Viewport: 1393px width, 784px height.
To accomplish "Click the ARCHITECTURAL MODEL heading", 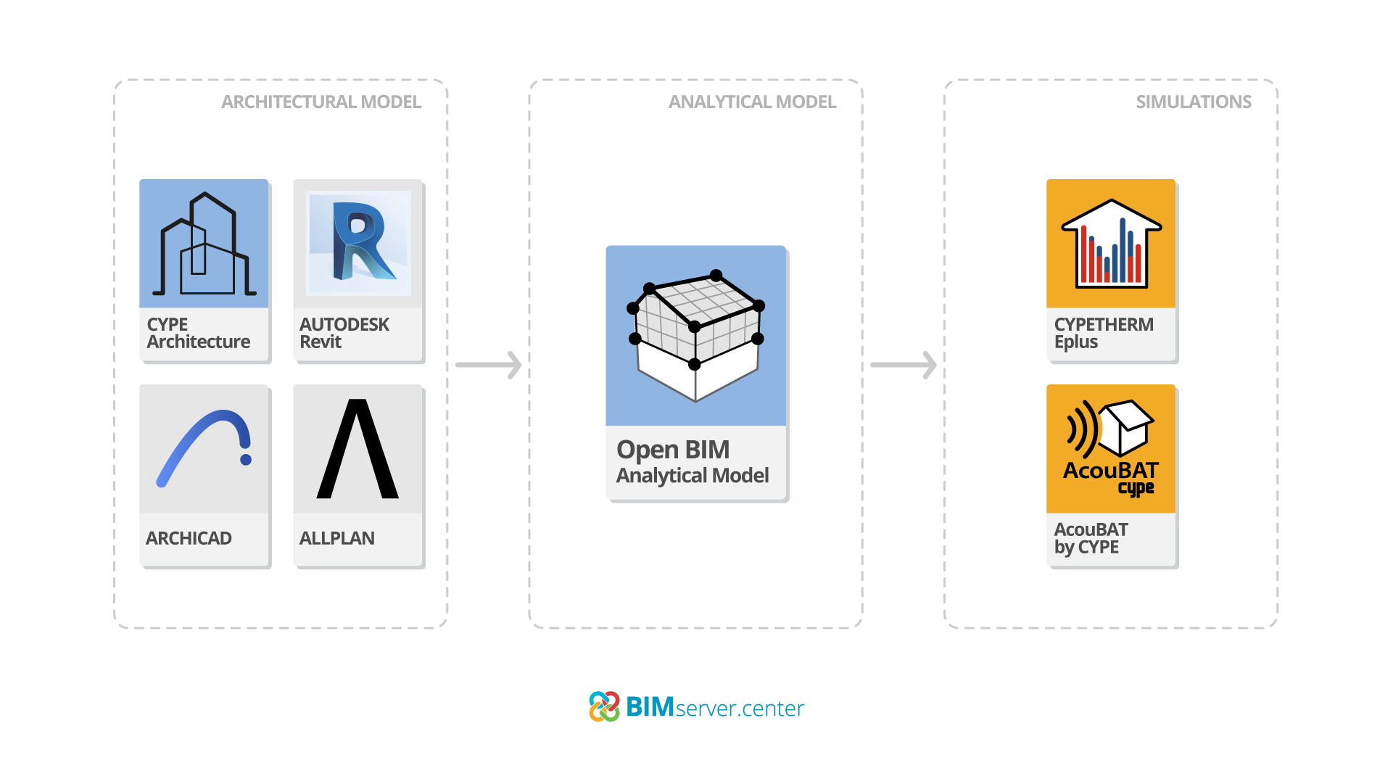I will [x=321, y=102].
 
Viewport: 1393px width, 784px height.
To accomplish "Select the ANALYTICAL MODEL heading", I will [x=752, y=102].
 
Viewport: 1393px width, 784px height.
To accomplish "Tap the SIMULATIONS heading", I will [x=1193, y=102].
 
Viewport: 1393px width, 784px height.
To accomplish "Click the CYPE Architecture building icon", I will [x=204, y=245].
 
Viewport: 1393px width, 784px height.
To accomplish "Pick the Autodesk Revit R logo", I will [x=360, y=242].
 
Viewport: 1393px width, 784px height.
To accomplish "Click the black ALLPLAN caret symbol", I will [x=357, y=449].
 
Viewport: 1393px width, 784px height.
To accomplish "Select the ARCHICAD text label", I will [x=189, y=538].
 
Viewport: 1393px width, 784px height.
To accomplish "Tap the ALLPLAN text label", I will [x=337, y=538].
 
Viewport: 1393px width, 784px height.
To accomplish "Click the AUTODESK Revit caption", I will [x=344, y=333].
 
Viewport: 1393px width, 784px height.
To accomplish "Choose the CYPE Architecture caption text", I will [x=198, y=333].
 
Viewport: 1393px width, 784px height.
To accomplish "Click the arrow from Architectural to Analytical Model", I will [x=489, y=365].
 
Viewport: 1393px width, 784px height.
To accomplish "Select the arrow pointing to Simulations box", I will [x=904, y=365].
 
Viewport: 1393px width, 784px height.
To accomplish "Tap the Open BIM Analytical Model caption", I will [x=693, y=462].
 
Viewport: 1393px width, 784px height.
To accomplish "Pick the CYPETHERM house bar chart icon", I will [x=1111, y=244].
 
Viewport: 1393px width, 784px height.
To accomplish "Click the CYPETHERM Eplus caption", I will [x=1103, y=333].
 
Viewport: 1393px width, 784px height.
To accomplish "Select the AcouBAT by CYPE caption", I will [x=1091, y=538].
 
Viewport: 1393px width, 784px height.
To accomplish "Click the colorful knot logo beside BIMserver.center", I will [x=604, y=706].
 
